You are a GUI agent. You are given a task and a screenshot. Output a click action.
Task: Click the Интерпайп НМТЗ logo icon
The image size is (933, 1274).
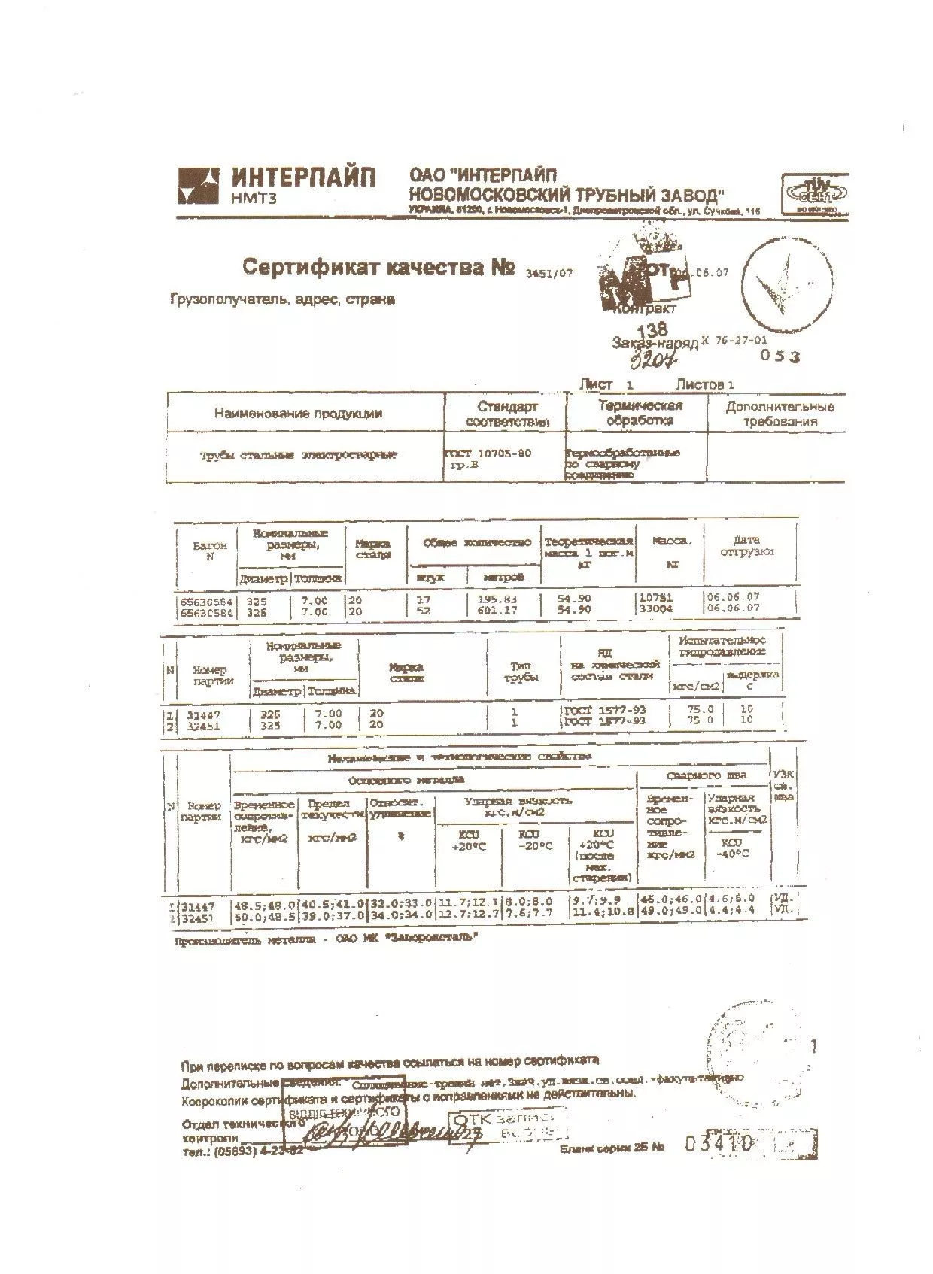point(198,186)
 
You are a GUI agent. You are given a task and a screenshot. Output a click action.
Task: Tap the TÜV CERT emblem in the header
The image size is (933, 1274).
point(815,195)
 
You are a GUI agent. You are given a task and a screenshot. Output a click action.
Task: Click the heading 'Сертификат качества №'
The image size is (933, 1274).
point(378,268)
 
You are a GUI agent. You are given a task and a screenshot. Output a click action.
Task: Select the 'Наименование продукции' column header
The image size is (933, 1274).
point(298,413)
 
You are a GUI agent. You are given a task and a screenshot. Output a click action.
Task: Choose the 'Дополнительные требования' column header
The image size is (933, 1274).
point(780,414)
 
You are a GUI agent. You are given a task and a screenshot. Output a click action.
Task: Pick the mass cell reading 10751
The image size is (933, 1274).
point(655,597)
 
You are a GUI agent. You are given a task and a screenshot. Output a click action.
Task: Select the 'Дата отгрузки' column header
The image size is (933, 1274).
point(746,545)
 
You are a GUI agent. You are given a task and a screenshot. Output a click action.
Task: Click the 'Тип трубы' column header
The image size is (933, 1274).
point(524,672)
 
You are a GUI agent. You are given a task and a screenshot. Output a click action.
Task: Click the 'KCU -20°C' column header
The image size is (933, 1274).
point(535,840)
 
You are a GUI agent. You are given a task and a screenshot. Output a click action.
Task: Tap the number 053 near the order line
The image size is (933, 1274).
point(780,356)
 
